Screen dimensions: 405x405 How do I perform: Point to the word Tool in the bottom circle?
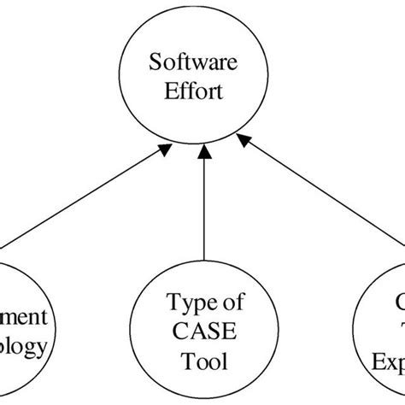pos(202,361)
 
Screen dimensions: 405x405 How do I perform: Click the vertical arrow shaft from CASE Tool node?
pos(202,214)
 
